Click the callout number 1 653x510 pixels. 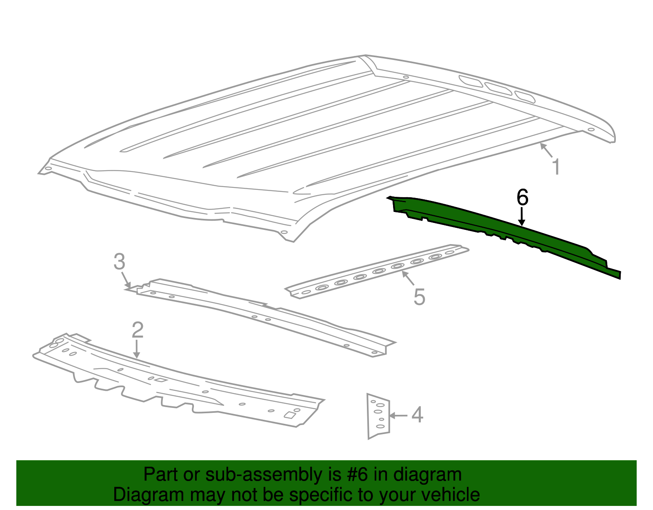[x=556, y=167]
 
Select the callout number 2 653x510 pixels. [x=138, y=330]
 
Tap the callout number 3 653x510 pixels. [x=119, y=262]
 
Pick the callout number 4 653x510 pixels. [x=417, y=415]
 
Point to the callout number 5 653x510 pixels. [x=419, y=297]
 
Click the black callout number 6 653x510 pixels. [x=522, y=198]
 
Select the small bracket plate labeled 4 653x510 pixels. [x=378, y=416]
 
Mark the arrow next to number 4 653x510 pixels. [x=398, y=416]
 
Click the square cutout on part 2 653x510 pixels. [x=290, y=415]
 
